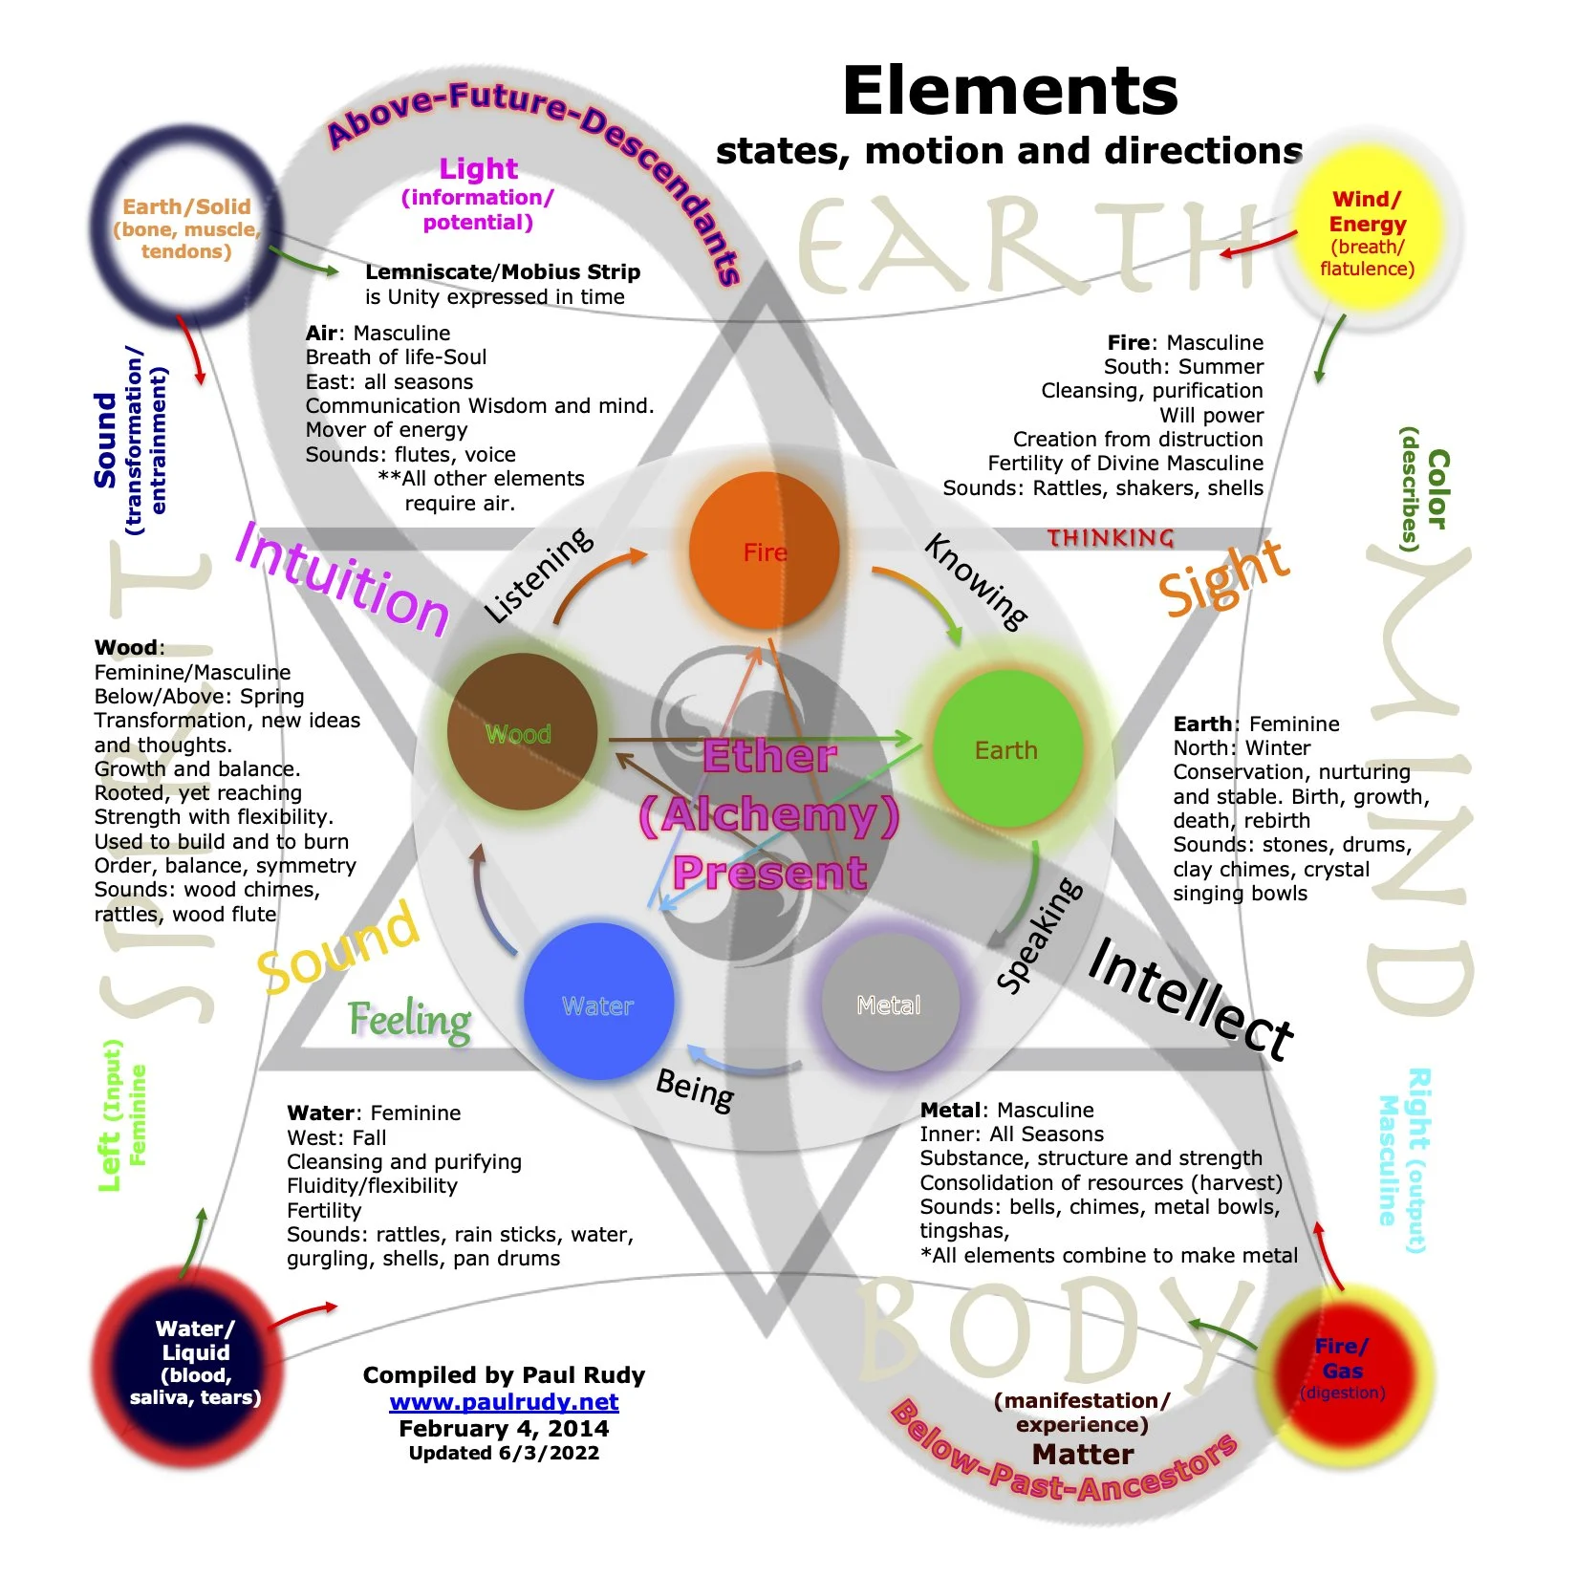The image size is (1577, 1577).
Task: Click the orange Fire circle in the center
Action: tap(765, 551)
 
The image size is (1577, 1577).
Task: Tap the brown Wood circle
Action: tap(522, 732)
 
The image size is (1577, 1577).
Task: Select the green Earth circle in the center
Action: tap(1007, 749)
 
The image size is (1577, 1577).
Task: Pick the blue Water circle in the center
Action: tap(598, 1003)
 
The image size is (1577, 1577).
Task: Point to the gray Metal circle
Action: tap(890, 1003)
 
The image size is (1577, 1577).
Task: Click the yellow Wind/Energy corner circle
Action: tap(1367, 232)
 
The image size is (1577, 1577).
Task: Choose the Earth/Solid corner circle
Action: tap(187, 228)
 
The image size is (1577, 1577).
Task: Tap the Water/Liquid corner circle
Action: tap(195, 1362)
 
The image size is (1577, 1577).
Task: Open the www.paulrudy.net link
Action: tap(504, 1402)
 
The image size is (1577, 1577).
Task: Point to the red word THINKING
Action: tap(1111, 538)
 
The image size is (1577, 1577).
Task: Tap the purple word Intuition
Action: tap(342, 582)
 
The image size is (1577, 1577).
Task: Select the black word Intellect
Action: tap(1190, 999)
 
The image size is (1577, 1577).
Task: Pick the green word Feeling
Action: tap(409, 1021)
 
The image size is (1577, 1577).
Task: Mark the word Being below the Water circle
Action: tap(696, 1090)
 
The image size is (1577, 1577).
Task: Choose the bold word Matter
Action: tap(1083, 1454)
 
